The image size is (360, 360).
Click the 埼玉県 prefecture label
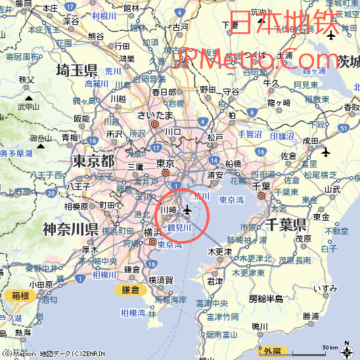(86, 70)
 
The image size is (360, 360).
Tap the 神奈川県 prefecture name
(70, 229)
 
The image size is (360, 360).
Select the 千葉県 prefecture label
(287, 225)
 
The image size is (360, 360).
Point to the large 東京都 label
(93, 161)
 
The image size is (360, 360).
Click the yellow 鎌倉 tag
(131, 290)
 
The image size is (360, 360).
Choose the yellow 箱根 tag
(20, 296)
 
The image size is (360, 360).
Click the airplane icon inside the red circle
(187, 210)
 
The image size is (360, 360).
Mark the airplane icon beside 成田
(326, 153)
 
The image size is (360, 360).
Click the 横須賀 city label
(161, 279)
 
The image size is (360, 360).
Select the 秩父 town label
(26, 79)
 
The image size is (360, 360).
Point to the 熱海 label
(23, 333)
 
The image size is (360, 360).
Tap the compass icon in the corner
(348, 348)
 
